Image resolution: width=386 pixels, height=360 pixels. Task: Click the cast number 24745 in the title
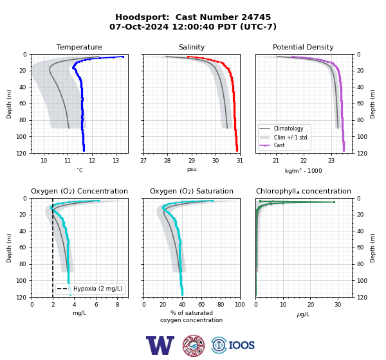pyautogui.click(x=256, y=17)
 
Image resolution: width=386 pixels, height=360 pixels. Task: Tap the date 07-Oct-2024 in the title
pyautogui.click(x=139, y=26)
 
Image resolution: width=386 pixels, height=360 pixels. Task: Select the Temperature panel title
pyautogui.click(x=79, y=47)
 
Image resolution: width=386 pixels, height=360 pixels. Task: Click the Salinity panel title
pyautogui.click(x=192, y=47)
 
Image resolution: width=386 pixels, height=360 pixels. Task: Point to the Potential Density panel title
pyautogui.click(x=303, y=47)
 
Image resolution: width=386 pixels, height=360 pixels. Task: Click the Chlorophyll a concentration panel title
pyautogui.click(x=303, y=191)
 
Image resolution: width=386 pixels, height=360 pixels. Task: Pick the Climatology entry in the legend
pyautogui.click(x=288, y=129)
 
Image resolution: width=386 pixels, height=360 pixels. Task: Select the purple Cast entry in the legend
pyautogui.click(x=279, y=145)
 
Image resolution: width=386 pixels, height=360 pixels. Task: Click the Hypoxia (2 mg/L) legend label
pyautogui.click(x=98, y=289)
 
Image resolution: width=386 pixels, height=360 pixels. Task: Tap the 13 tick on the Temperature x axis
pyautogui.click(x=116, y=161)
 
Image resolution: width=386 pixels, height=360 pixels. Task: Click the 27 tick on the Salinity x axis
pyautogui.click(x=143, y=161)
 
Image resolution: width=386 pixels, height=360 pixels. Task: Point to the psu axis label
pyautogui.click(x=192, y=169)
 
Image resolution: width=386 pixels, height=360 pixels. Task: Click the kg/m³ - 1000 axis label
pyautogui.click(x=303, y=171)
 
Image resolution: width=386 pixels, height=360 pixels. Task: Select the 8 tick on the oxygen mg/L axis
pyautogui.click(x=118, y=305)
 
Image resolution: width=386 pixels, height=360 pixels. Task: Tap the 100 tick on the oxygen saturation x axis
pyautogui.click(x=240, y=305)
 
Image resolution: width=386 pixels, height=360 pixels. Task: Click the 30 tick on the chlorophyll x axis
pyautogui.click(x=338, y=305)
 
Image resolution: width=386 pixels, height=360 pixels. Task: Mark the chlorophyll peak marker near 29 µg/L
pyautogui.click(x=334, y=202)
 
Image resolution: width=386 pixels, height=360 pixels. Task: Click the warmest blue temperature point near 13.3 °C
pyautogui.click(x=123, y=57)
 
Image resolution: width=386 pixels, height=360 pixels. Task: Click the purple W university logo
pyautogui.click(x=160, y=345)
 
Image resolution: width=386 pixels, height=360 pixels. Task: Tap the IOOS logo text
pyautogui.click(x=241, y=345)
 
